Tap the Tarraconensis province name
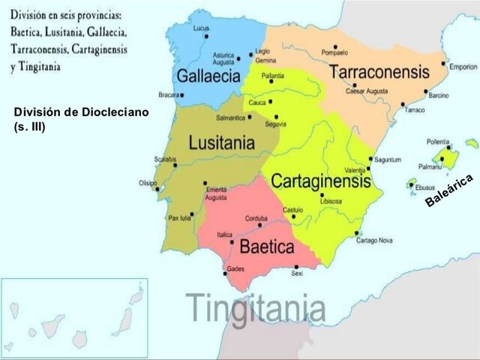coord(378,73)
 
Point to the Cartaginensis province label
coord(320,181)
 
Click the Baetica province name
coord(265,247)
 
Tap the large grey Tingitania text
coord(256,307)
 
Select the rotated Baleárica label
coord(448,190)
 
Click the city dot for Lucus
coord(205,35)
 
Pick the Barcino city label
coord(439,96)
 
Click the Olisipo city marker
coord(157,188)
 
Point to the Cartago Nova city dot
coord(355,233)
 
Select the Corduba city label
coord(256,218)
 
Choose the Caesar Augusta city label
coord(366,91)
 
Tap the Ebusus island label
coord(425,187)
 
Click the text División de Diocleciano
coord(81,112)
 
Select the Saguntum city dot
coord(370,159)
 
